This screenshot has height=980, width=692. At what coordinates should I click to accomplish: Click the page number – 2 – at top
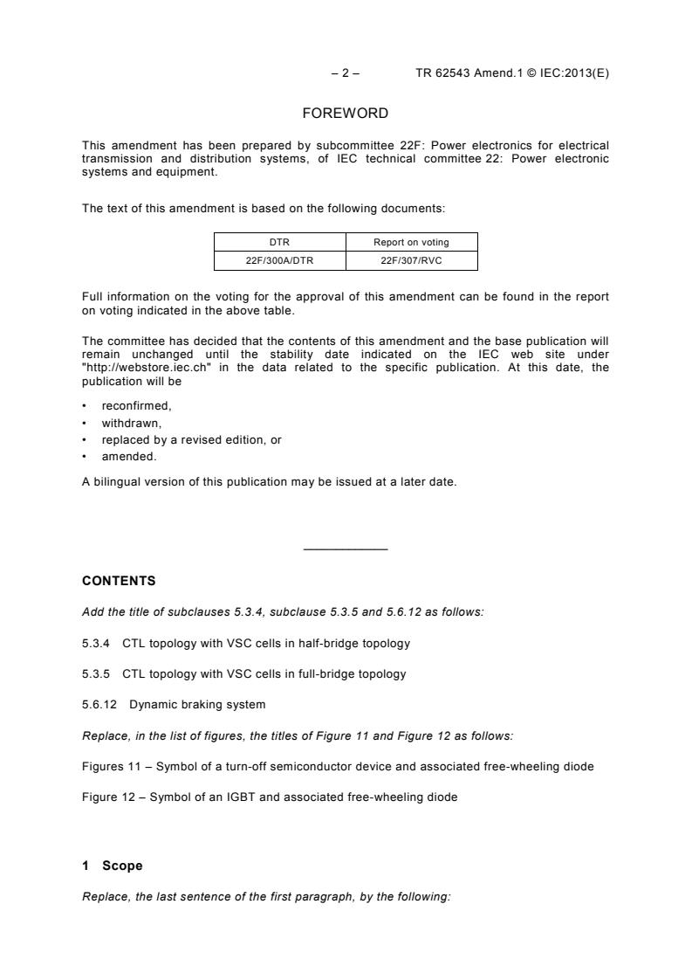point(345,73)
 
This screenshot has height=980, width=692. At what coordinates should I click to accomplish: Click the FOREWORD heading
point(346,113)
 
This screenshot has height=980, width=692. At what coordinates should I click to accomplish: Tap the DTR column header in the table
point(280,242)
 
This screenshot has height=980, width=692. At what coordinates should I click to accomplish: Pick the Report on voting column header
point(411,242)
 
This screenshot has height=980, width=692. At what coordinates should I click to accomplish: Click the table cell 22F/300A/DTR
point(280,259)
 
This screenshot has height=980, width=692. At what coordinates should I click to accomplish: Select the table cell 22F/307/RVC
point(411,259)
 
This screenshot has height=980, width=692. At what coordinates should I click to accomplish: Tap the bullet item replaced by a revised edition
point(191,439)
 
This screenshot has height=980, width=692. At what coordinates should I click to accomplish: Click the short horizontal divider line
point(346,549)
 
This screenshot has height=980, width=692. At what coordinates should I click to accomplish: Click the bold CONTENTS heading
point(119,580)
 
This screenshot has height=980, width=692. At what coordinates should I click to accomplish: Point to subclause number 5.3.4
point(95,643)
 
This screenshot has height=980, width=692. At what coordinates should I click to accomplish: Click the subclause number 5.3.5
point(95,673)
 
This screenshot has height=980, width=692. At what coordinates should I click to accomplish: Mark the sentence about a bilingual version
point(269,481)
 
